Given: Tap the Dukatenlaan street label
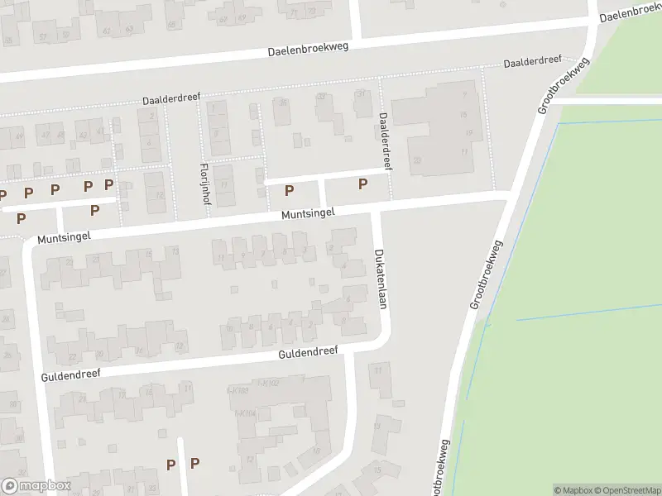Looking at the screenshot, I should (x=381, y=279).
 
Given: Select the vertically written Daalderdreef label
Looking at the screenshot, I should (x=384, y=141).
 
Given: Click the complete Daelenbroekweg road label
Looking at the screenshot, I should (x=308, y=50).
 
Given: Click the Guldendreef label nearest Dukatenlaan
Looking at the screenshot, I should (x=307, y=353).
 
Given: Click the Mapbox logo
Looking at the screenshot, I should (x=36, y=486).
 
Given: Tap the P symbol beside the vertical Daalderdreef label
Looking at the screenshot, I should (x=362, y=184).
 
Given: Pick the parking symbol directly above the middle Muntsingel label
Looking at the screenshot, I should (x=289, y=191).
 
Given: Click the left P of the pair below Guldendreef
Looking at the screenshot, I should (x=170, y=465).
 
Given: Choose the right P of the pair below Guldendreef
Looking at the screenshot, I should (x=194, y=465).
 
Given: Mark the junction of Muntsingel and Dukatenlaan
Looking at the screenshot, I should (x=377, y=207).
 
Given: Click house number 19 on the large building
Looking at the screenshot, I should (x=468, y=132).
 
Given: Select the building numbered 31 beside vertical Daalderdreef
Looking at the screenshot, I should (x=361, y=93).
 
